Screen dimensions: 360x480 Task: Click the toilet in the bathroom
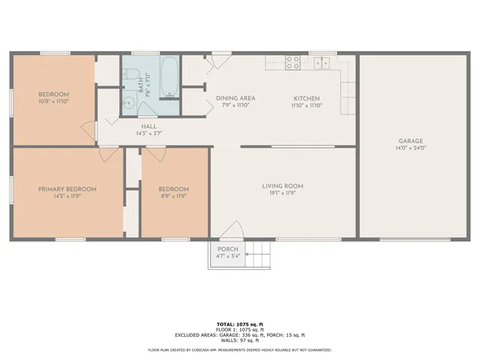pyautogui.click(x=132, y=73)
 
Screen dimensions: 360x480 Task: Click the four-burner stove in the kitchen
pyautogui.click(x=293, y=63)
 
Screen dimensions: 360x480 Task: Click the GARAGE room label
pyautogui.click(x=410, y=140)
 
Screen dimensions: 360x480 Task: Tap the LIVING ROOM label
pyautogui.click(x=282, y=185)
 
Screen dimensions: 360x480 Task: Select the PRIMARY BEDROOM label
pyautogui.click(x=67, y=189)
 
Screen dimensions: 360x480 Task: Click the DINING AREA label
pyautogui.click(x=235, y=98)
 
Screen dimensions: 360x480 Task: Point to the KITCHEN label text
pyautogui.click(x=307, y=98)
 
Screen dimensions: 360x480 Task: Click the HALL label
pyautogui.click(x=148, y=126)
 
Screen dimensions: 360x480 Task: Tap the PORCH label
pyautogui.click(x=228, y=249)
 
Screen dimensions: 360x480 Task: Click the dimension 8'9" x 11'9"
pyautogui.click(x=173, y=196)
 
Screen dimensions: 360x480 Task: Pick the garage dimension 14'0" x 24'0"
pyautogui.click(x=410, y=148)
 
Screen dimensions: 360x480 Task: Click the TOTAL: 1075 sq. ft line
pyautogui.click(x=240, y=322)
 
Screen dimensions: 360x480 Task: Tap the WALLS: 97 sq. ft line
pyautogui.click(x=240, y=340)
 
